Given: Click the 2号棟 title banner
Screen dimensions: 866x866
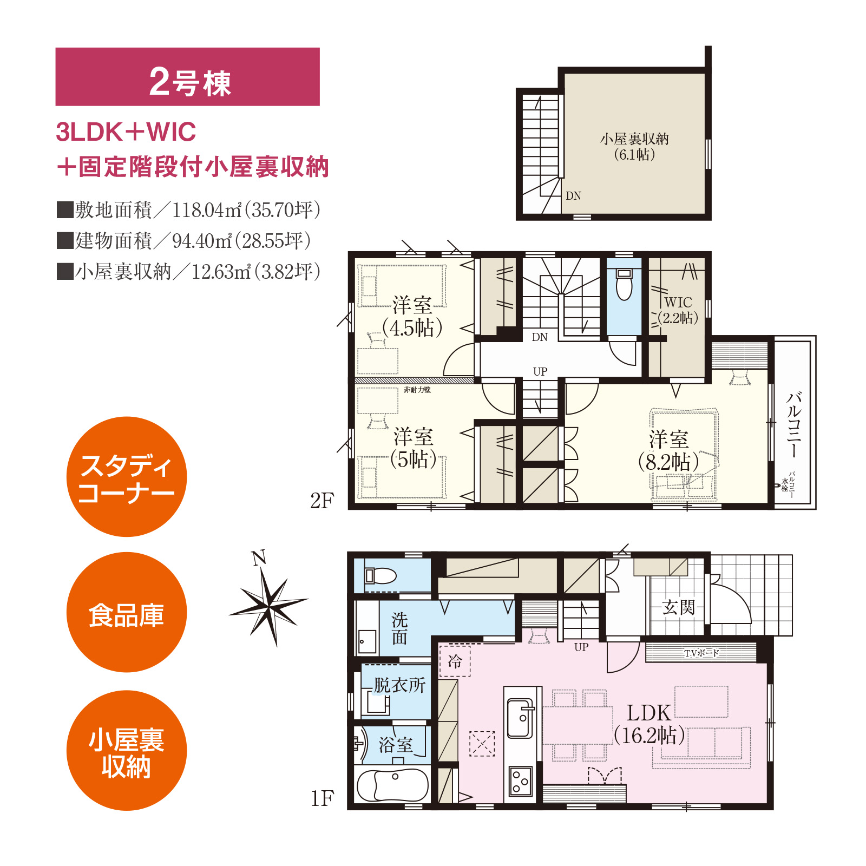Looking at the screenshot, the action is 187,77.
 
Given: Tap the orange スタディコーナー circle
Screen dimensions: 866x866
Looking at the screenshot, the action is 127,477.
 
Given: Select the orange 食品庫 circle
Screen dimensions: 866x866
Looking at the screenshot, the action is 127,612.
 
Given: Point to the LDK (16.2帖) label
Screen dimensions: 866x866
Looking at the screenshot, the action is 649,724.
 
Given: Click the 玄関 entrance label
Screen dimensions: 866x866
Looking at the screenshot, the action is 678,607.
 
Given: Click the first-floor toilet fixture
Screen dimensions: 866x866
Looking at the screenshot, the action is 380,575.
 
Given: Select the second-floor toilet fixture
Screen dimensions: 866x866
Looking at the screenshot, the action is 624,284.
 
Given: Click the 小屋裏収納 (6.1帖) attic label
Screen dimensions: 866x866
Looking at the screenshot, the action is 634,147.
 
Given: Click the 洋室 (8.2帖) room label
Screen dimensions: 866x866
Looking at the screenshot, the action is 669,451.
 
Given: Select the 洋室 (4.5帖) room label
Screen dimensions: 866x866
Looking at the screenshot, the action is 412,317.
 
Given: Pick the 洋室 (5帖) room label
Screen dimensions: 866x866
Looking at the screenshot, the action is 414,448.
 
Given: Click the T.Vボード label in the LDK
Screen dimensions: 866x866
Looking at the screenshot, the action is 701,653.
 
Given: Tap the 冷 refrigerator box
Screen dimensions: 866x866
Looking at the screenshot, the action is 455,660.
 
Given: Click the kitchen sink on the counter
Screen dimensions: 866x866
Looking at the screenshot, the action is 520,718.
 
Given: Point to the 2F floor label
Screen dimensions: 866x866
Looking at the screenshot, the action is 322,501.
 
